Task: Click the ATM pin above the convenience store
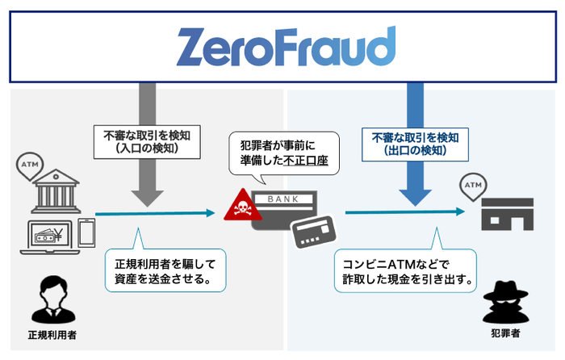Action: click(471, 188)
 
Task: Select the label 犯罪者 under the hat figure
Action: click(506, 333)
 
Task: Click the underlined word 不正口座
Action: click(312, 160)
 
